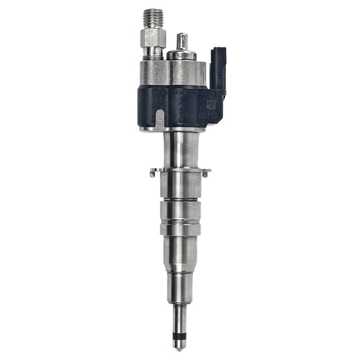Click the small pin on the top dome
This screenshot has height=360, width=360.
[x=181, y=42]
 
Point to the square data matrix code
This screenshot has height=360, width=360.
[x=211, y=105]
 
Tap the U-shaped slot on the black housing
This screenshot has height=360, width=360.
[x=159, y=119]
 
